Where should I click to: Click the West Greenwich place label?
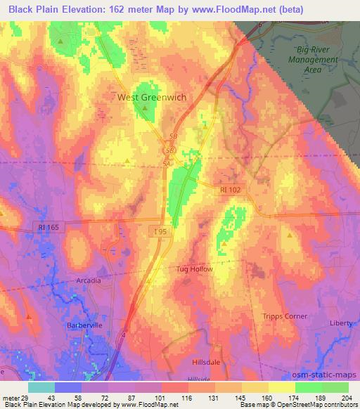point(151,98)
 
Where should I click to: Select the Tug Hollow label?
point(194,269)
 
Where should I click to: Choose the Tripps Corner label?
point(285,316)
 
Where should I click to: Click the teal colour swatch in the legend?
point(41,387)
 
